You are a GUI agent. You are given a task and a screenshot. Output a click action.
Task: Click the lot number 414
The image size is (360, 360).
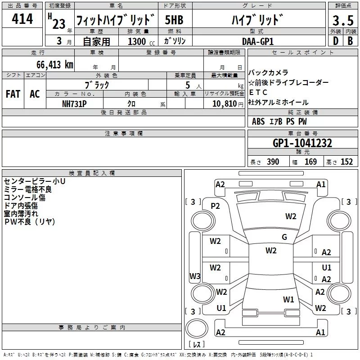point(22,18)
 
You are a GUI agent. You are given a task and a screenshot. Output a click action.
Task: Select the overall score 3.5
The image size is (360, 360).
point(343,20)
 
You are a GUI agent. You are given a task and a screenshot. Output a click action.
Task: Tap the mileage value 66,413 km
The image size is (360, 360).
point(55,64)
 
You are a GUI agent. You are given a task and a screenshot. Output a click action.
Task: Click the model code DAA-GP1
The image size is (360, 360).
point(258,41)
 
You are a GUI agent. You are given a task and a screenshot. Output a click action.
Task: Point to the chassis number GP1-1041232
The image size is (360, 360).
point(302,143)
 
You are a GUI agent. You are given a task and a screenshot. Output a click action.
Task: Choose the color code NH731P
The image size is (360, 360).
point(74,104)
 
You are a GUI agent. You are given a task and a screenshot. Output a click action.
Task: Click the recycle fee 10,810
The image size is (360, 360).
point(225,104)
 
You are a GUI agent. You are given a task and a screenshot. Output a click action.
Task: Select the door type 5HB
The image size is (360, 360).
point(174,20)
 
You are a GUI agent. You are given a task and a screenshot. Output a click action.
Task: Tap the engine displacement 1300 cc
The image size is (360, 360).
point(141,41)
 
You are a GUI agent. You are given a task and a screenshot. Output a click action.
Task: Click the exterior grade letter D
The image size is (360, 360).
point(336,41)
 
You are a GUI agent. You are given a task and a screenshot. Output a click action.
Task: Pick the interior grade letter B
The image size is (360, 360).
point(350,41)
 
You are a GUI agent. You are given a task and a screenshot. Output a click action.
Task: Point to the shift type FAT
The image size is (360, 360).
point(13,94)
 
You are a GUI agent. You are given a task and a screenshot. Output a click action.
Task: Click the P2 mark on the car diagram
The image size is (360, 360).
point(215,206)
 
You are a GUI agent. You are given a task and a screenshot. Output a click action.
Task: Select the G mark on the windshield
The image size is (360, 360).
point(284,237)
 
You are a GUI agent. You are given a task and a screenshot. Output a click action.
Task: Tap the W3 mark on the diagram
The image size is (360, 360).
point(195,276)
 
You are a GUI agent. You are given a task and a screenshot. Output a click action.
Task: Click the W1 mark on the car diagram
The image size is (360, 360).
point(288,299)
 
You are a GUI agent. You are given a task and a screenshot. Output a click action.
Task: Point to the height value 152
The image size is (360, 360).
point(346,162)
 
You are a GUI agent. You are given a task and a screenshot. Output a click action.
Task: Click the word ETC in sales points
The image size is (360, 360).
point(258,92)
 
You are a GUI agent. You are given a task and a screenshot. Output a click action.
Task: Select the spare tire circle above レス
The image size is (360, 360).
point(197,328)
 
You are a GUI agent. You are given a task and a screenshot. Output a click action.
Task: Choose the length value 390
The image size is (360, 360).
point(273,162)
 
